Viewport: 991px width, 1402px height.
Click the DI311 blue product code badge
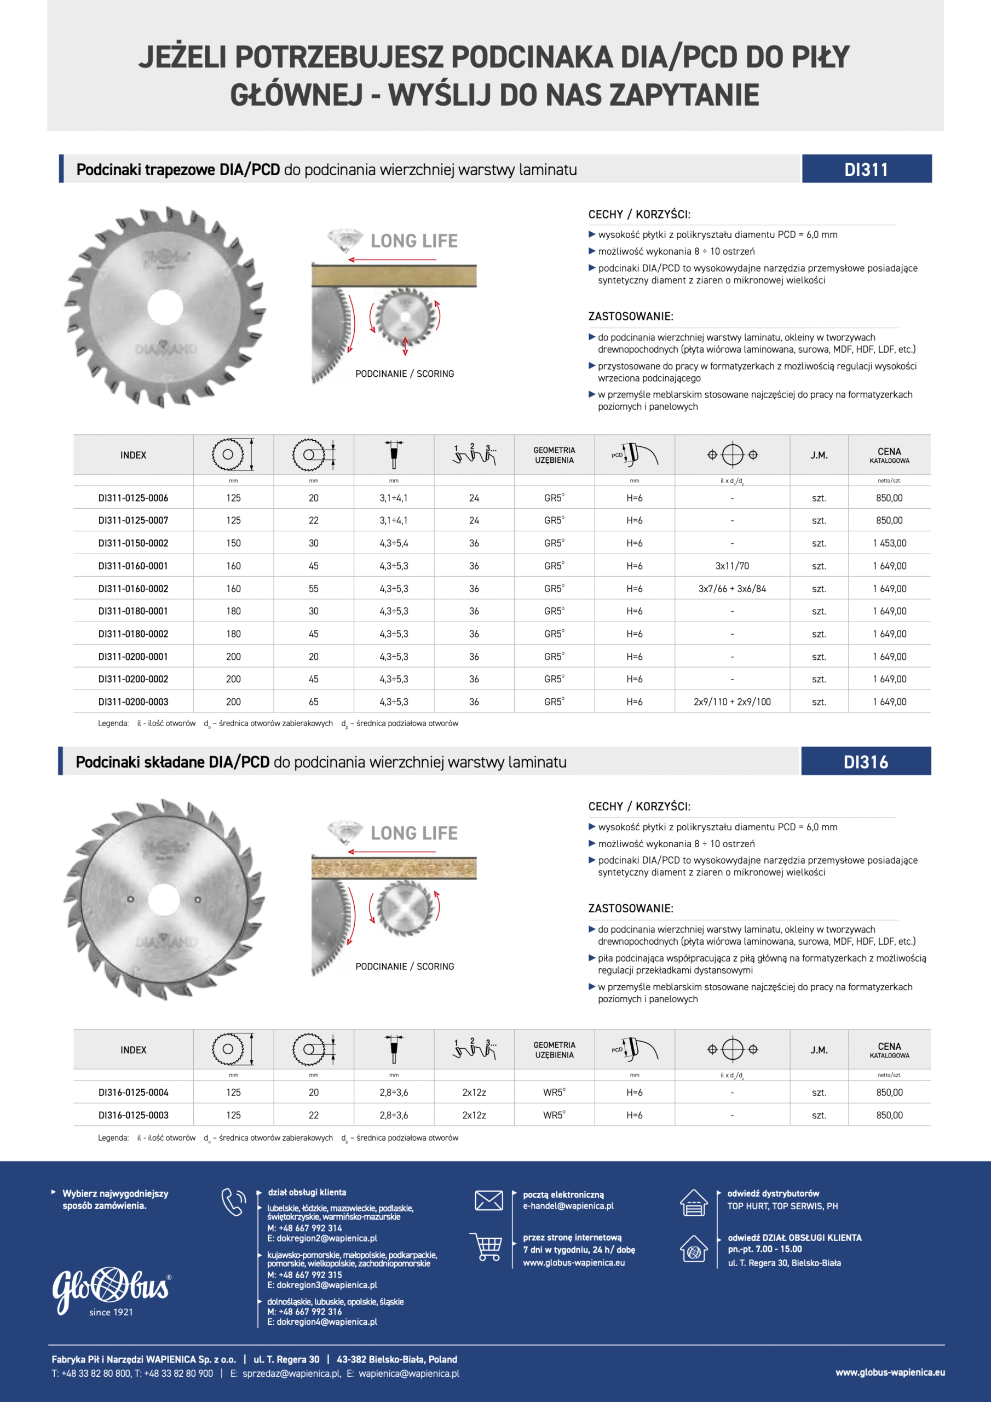866,169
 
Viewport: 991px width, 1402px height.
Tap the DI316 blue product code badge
865,761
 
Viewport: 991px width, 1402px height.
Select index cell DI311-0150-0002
133,543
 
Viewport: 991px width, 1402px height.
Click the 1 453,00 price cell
889,543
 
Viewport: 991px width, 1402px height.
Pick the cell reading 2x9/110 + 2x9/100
731,702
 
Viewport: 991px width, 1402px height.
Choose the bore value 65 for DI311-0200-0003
313,702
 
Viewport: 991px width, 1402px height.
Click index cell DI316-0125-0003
133,1115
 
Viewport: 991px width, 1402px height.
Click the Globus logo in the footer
111,1290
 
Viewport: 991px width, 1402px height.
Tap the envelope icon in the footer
488,1200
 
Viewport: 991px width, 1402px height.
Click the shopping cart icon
486,1246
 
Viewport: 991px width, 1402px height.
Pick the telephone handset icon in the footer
233,1202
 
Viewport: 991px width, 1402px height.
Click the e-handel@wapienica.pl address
568,1206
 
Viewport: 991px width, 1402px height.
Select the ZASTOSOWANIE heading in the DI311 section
630,317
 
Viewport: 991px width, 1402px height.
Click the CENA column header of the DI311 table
889,455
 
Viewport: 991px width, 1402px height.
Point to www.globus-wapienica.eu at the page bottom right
890,1372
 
